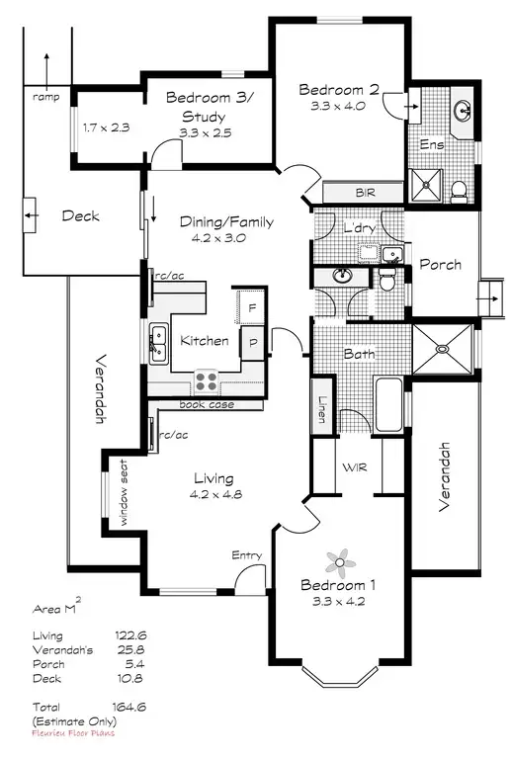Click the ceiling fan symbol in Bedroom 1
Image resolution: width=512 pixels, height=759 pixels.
pos(343,562)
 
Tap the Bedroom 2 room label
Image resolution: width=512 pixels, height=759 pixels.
pos(338,89)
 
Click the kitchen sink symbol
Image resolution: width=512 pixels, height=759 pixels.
pos(157,342)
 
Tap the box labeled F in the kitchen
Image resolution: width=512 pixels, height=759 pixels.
pos(252,306)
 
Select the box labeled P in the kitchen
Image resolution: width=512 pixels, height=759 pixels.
pos(253,343)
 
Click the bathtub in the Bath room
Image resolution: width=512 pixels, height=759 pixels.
pos(388,405)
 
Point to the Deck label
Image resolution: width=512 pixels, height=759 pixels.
pos(80,215)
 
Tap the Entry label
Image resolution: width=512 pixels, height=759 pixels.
pos(246,556)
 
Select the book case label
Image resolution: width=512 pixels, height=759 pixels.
pos(207,404)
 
